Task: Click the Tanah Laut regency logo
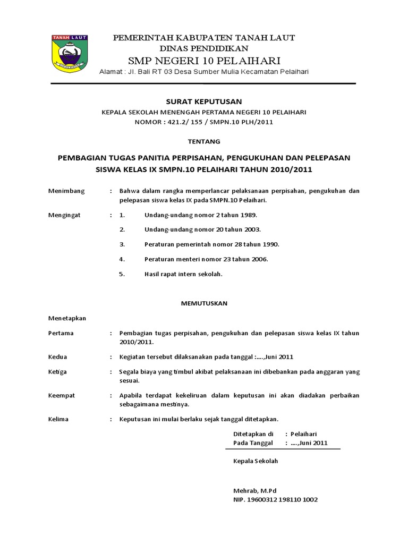pyautogui.click(x=70, y=54)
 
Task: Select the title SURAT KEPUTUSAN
pyautogui.click(x=204, y=101)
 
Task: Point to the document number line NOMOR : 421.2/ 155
pyautogui.click(x=204, y=122)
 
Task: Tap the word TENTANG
pyautogui.click(x=204, y=141)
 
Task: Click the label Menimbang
pyautogui.click(x=63, y=191)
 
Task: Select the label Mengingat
pyautogui.click(x=62, y=215)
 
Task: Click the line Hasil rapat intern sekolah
pyautogui.click(x=183, y=274)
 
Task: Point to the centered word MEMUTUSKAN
pyautogui.click(x=204, y=303)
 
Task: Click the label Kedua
pyautogui.click(x=57, y=356)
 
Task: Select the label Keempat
pyautogui.click(x=61, y=395)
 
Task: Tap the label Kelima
pyautogui.click(x=58, y=419)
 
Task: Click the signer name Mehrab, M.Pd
pyautogui.click(x=255, y=490)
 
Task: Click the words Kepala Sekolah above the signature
pyautogui.click(x=256, y=461)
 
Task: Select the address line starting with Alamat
pyautogui.click(x=205, y=72)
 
